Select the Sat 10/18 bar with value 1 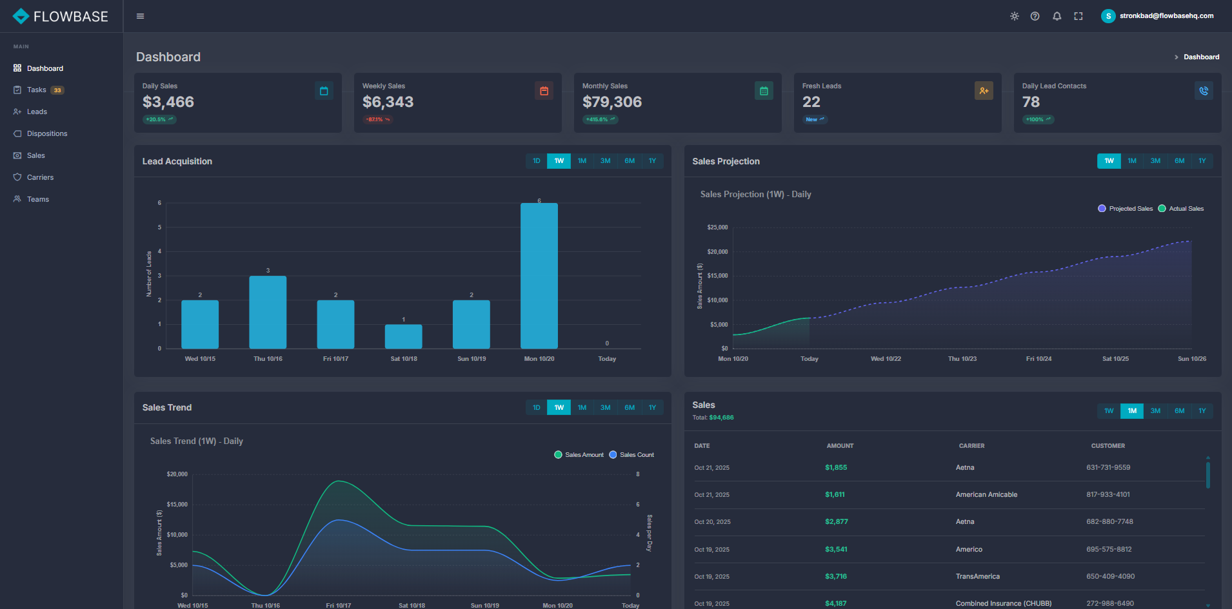point(404,336)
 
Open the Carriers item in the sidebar point(40,177)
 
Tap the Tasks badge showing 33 point(57,90)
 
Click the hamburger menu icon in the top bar point(140,16)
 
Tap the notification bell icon point(1057,16)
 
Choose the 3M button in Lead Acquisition point(605,161)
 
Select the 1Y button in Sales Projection point(1202,161)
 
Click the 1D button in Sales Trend point(536,407)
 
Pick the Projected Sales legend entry point(1125,209)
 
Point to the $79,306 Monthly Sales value point(611,102)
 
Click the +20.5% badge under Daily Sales point(159,119)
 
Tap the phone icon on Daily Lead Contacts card point(1204,91)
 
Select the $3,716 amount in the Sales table point(835,577)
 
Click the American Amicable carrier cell point(986,495)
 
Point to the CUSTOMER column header point(1108,446)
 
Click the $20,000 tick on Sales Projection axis point(717,252)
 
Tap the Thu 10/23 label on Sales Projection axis point(962,359)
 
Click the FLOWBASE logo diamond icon point(21,16)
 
